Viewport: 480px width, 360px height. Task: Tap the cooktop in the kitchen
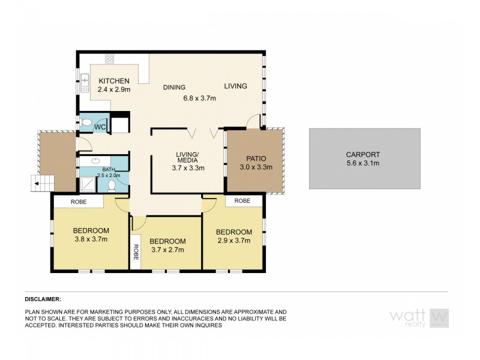110,59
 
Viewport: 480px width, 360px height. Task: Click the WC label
100,127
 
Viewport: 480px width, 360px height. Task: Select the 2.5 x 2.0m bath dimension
109,175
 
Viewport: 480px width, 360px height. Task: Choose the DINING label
174,87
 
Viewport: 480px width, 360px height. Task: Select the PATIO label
256,158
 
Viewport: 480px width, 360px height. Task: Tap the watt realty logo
419,317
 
